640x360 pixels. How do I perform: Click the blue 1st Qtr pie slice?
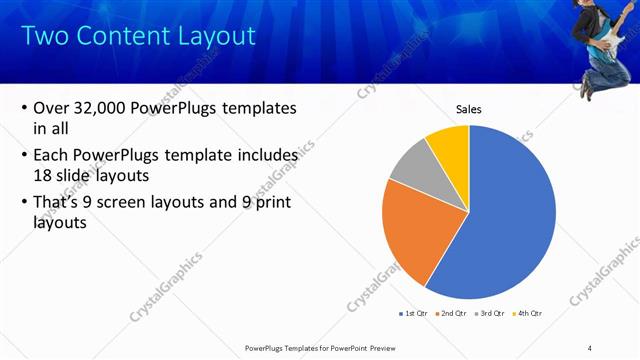coord(510,220)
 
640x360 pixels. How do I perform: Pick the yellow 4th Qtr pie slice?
coord(449,144)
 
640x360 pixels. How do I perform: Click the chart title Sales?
coord(468,109)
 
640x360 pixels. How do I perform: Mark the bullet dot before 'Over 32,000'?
coord(23,109)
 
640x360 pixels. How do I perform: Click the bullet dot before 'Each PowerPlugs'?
coord(23,156)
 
